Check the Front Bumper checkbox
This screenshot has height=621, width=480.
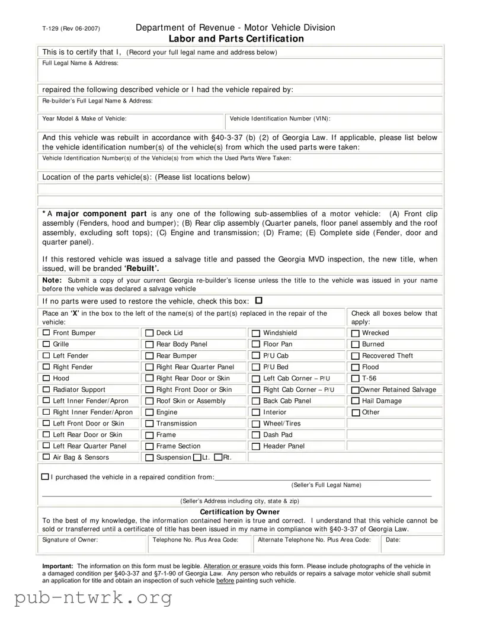47,333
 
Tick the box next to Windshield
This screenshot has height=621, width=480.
256,334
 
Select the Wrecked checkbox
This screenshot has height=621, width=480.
356,334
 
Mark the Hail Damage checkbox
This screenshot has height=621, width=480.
356,401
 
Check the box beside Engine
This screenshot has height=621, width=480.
149,412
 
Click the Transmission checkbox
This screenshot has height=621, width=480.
149,424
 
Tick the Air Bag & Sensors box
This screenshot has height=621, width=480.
47,457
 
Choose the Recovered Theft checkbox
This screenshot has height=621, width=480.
356,356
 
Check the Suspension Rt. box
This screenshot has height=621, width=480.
218,457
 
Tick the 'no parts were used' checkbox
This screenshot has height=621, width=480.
258,301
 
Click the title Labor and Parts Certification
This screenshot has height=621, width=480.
236,39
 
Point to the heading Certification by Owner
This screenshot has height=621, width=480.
239,512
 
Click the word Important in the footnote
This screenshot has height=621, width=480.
57,566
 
